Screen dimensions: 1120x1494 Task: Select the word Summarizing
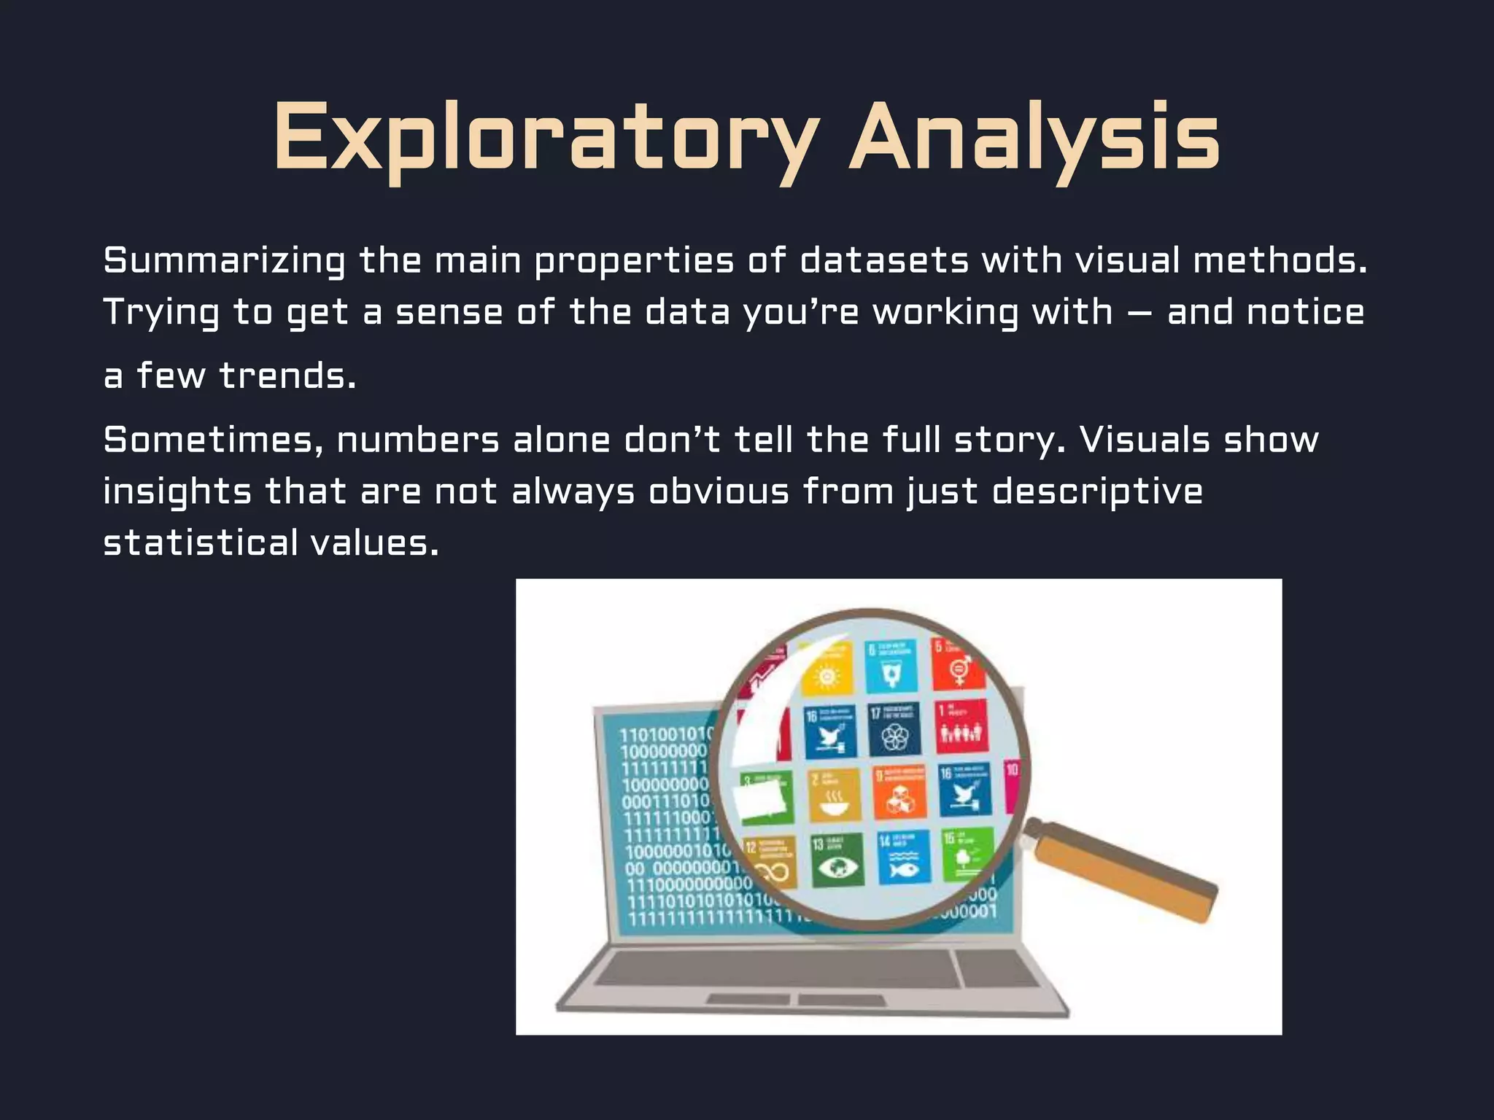click(224, 261)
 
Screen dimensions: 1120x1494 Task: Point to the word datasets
click(884, 261)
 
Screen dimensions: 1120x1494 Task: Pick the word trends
click(287, 376)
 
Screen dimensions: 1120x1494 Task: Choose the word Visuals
click(1144, 440)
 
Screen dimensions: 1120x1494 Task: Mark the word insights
click(177, 492)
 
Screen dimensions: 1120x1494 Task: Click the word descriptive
click(1097, 492)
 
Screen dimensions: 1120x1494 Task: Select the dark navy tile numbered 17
click(894, 730)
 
